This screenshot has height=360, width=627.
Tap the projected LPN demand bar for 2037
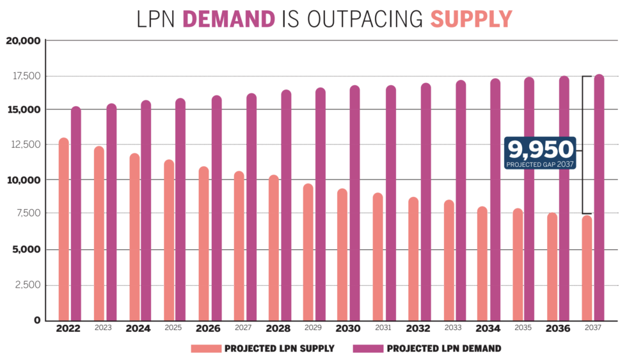coord(599,198)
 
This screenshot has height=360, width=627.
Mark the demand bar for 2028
coord(286,205)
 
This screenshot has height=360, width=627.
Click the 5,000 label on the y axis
coord(26,249)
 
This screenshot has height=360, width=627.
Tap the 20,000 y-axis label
coord(24,41)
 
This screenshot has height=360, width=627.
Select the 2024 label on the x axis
coord(138,329)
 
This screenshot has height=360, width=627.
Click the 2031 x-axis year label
coord(383,328)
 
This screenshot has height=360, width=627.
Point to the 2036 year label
coord(558,329)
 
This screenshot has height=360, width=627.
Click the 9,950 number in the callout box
coord(541,150)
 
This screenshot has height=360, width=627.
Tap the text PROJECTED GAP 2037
coord(540,164)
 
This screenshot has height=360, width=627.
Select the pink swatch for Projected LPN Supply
coord(205,349)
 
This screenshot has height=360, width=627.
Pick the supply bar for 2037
coord(587,268)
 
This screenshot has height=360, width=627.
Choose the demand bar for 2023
coord(111,212)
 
